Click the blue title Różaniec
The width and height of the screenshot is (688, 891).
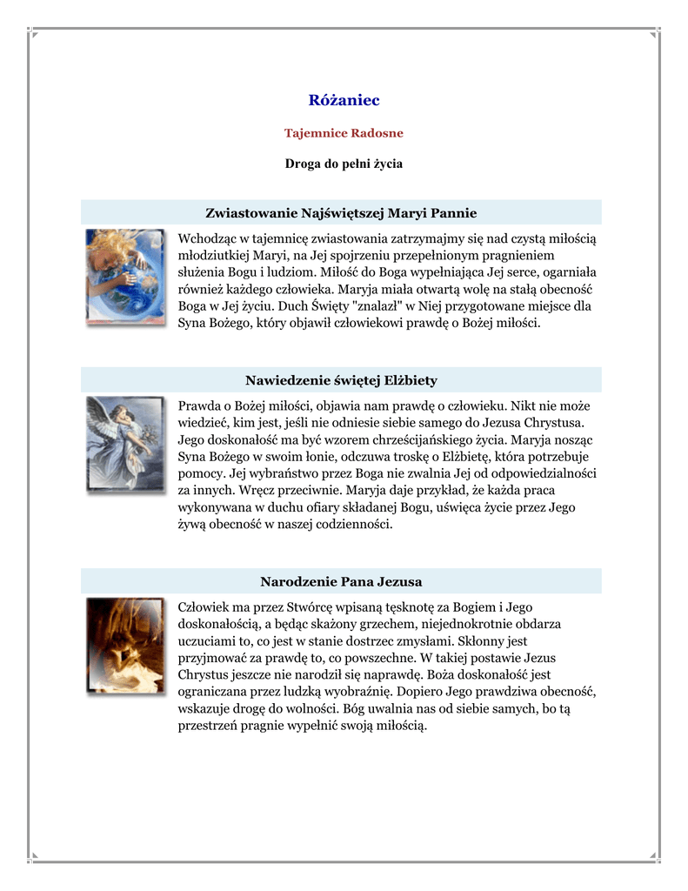[x=344, y=100]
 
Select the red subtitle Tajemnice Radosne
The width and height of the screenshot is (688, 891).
[x=344, y=133]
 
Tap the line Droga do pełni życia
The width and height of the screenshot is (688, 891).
[x=344, y=164]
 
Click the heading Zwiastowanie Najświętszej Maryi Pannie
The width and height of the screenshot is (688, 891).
[x=341, y=213]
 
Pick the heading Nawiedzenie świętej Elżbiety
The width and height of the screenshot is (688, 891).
[x=341, y=380]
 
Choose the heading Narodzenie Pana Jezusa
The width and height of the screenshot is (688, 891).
[x=341, y=581]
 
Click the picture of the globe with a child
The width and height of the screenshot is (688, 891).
[x=125, y=277]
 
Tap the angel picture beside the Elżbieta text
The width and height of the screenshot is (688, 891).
[x=125, y=443]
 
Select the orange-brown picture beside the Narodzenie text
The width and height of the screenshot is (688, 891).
[x=125, y=644]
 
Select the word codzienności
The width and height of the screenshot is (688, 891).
[x=351, y=525]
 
